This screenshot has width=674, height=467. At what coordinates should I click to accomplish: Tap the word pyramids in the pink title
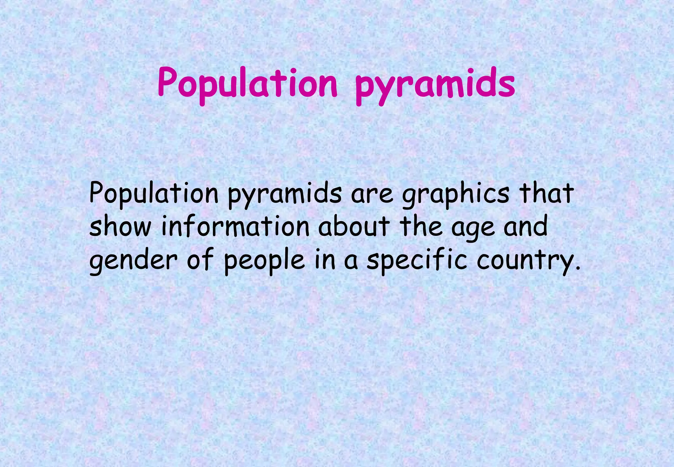pyautogui.click(x=435, y=85)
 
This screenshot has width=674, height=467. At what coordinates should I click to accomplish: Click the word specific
pyautogui.click(x=417, y=261)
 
